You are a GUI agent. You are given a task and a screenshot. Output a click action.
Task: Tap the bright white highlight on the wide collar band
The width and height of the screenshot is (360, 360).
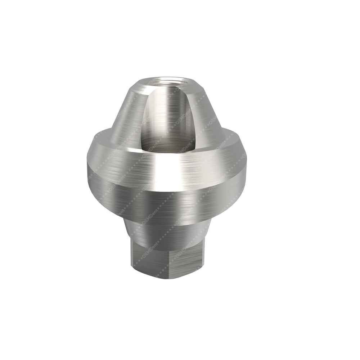[x=169, y=169]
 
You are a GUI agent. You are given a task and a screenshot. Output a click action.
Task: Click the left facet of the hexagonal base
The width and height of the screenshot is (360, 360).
[x=144, y=257]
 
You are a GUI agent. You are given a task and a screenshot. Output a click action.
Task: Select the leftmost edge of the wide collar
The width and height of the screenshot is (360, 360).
[x=87, y=169]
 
